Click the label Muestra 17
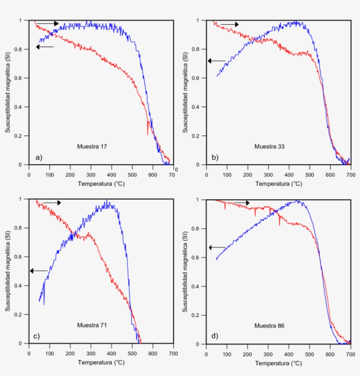(92, 147)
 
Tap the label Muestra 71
(92, 325)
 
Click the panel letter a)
(39, 157)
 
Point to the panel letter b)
(215, 157)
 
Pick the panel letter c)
(37, 336)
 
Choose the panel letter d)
(215, 336)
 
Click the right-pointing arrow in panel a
(47, 23)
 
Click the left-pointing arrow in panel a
(45, 47)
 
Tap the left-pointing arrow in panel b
(216, 61)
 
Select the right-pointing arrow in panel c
(52, 203)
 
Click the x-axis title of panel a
(101, 183)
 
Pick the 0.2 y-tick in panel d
(198, 315)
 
